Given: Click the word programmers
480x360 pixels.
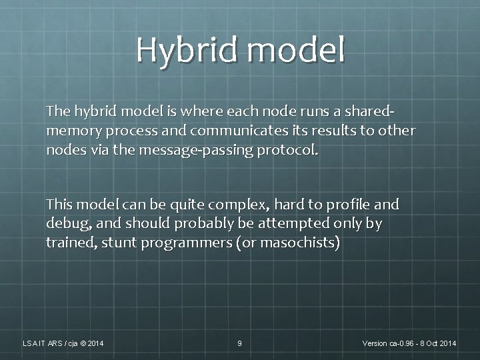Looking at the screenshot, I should point(185,243).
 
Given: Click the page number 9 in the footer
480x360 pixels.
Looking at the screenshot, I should point(240,343).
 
